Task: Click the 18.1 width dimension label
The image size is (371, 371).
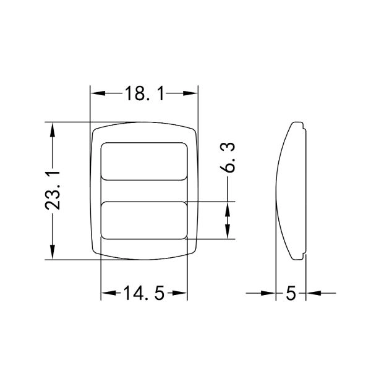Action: (144, 93)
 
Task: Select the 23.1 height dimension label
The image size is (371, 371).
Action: (53, 190)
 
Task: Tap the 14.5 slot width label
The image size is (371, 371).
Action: (143, 293)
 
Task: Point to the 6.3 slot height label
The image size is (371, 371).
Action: (228, 157)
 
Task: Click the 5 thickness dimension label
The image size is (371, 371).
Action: (291, 293)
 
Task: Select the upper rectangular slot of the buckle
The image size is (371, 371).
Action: (144, 161)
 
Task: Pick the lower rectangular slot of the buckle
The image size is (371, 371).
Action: (144, 220)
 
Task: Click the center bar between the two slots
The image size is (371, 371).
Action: (144, 191)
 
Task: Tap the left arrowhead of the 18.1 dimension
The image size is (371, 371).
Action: (98, 93)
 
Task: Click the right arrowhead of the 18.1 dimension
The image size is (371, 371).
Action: (190, 93)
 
